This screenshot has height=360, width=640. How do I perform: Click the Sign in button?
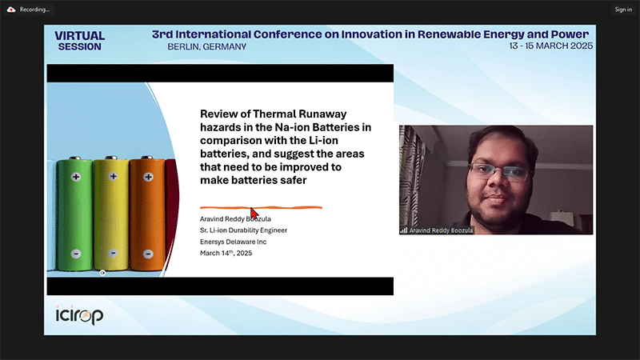point(623,10)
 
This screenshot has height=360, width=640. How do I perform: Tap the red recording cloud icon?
point(11,10)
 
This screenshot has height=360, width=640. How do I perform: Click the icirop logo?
point(79,315)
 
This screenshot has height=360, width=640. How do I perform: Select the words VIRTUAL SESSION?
point(79,42)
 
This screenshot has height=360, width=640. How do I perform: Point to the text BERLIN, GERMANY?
point(207,47)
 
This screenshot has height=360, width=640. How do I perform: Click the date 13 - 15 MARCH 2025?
point(550,46)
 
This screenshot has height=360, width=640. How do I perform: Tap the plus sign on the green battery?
point(76,177)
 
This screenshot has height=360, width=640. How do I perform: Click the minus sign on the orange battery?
point(148,254)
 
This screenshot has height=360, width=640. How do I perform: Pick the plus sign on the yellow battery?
point(113,176)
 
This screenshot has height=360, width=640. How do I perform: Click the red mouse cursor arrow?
point(254,214)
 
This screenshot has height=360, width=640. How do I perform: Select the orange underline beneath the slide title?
point(261,207)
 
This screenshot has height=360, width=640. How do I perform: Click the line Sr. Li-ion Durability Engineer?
point(243,230)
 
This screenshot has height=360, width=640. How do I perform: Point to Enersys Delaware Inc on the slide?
point(233,242)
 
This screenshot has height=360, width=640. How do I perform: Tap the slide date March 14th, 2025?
point(226,253)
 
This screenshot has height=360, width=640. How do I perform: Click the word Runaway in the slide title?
point(322,114)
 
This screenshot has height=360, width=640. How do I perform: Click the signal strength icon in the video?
point(404,230)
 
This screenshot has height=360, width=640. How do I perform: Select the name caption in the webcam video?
point(441,230)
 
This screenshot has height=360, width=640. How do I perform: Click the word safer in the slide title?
point(293,181)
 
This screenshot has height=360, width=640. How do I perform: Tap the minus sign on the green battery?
point(76,254)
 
